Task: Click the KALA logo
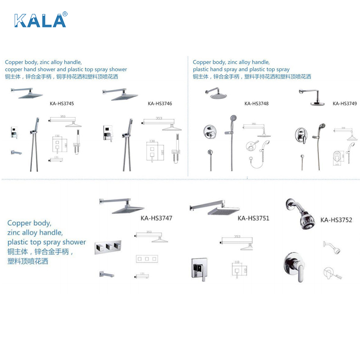point(41,20)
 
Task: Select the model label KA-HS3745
point(62,103)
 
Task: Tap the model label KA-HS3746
point(160,103)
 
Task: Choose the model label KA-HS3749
point(345,103)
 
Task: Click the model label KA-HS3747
point(157,219)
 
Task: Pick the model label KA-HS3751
point(253,218)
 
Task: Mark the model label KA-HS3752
point(336,220)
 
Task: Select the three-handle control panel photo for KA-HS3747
point(108,247)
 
